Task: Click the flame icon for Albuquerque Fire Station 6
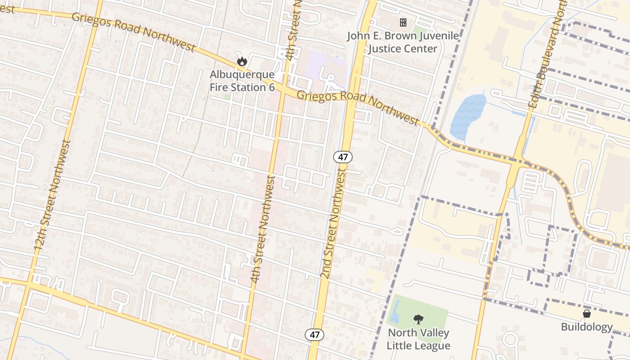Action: [x=242, y=61]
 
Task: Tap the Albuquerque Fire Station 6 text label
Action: [x=242, y=81]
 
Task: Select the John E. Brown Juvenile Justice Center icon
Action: [x=403, y=22]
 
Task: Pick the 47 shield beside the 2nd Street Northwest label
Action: [x=342, y=157]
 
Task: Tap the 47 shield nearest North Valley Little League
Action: [x=314, y=334]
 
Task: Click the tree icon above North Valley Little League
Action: [x=418, y=319]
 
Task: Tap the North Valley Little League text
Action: [x=418, y=339]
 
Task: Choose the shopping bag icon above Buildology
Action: [x=587, y=313]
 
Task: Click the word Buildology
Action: [x=587, y=327]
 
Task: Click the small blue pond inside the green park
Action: [x=395, y=312]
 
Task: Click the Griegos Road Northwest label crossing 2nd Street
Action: [x=358, y=105]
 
